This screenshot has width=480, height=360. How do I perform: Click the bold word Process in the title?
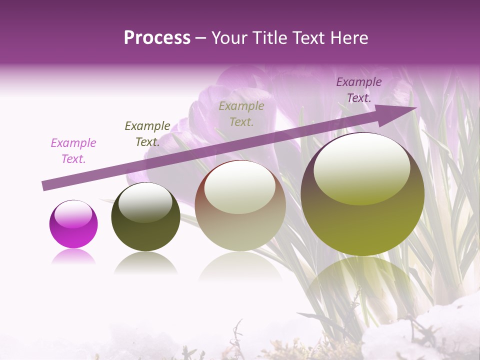[x=157, y=38]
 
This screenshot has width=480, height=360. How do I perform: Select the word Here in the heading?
[x=349, y=38]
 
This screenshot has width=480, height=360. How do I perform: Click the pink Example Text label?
[x=73, y=151]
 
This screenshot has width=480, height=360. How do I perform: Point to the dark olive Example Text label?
[x=147, y=134]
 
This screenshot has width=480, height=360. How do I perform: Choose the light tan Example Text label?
[x=241, y=113]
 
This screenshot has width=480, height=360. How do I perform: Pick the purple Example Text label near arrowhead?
[x=359, y=90]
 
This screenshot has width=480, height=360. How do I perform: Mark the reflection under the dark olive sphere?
[x=145, y=263]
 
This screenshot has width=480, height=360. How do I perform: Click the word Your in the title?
[x=227, y=38]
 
